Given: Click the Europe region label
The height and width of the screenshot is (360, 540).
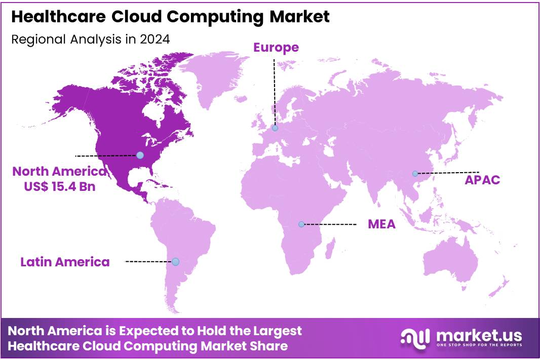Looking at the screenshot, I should pos(276,48).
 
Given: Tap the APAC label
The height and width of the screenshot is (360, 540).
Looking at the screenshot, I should pos(482,180).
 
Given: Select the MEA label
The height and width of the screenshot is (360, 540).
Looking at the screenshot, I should pos(381,224).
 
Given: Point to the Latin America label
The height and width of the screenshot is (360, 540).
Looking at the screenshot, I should pos(65,262).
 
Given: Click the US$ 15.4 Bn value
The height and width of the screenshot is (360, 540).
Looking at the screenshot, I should pos(60,186).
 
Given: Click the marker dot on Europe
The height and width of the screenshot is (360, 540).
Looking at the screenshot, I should pos(275,128).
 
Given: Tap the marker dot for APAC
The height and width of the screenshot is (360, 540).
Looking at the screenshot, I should pos(415,174).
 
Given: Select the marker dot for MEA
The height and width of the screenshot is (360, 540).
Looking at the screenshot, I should pos(301,224).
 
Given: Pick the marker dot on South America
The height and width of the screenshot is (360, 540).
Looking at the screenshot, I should pos(175,262).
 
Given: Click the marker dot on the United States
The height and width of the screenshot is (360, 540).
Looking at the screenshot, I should pos(140,155).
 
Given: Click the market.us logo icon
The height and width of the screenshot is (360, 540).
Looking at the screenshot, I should pos(415,337).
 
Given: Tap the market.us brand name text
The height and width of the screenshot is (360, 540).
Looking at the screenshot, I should pos(478,335).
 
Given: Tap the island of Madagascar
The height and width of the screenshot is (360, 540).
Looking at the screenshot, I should pos(330,250).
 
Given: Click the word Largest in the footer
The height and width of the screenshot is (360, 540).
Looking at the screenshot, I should pos(277,331).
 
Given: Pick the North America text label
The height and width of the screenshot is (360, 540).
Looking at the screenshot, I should pos(60,171).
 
